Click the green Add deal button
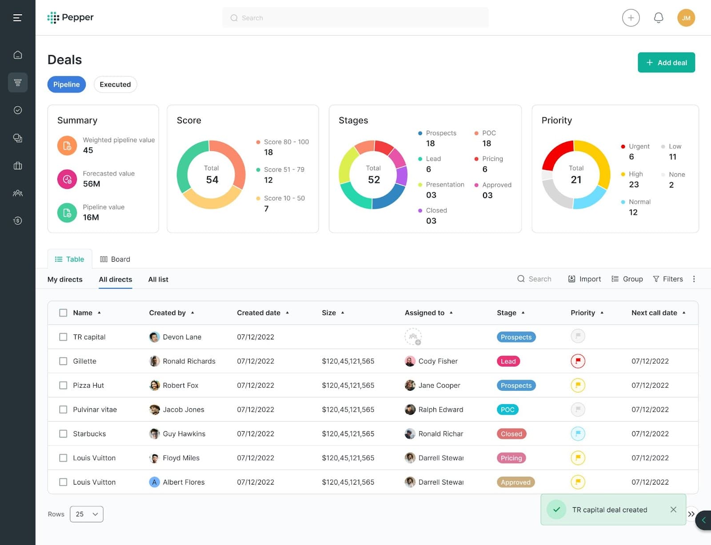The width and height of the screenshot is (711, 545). (x=666, y=63)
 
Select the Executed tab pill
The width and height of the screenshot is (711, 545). (x=115, y=84)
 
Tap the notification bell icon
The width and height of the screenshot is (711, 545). (x=658, y=18)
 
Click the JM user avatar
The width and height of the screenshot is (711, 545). (x=686, y=18)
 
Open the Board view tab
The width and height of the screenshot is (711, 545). (x=115, y=259)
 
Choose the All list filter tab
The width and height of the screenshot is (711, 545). (x=158, y=279)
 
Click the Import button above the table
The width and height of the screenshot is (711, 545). (x=584, y=279)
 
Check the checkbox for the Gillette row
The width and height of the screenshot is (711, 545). (x=63, y=361)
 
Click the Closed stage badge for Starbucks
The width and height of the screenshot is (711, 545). (x=511, y=434)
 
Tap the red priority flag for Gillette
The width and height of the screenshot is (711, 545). (x=578, y=361)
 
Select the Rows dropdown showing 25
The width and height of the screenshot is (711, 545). (x=86, y=514)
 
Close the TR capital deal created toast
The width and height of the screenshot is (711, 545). (x=673, y=509)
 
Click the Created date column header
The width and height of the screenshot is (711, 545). (x=259, y=313)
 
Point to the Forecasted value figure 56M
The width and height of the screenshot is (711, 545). (x=92, y=184)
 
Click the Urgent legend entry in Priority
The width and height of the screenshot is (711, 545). (x=639, y=147)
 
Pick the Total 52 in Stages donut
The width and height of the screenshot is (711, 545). (x=374, y=179)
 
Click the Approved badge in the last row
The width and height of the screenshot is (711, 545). (x=515, y=482)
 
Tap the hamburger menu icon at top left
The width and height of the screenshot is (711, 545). (x=17, y=18)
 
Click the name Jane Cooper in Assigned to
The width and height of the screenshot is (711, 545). (x=439, y=386)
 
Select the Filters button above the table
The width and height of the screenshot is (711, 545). (x=667, y=279)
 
